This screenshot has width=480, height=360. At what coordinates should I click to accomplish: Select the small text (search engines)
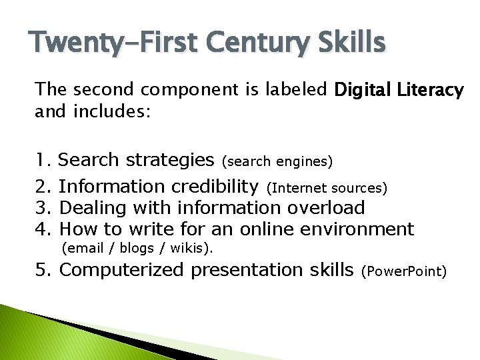point(277,161)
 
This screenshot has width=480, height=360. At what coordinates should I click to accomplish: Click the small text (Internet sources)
point(327,187)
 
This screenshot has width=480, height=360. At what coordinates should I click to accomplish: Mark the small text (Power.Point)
point(403,272)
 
